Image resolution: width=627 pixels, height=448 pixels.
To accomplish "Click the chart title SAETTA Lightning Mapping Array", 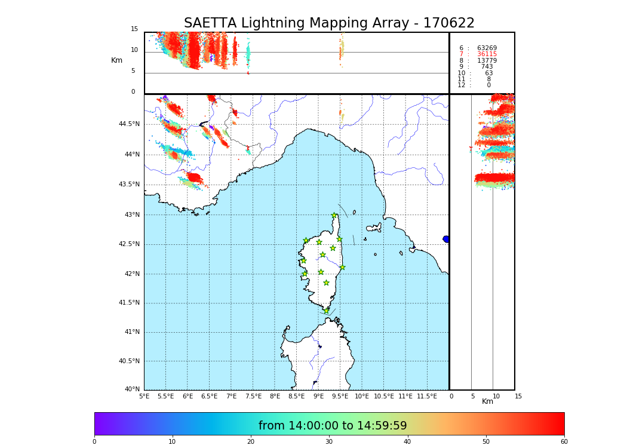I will pos(329,23).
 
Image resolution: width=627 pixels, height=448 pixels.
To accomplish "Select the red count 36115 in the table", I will pos(487,54).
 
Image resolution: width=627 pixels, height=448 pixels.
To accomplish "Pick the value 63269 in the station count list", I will pos(487,48).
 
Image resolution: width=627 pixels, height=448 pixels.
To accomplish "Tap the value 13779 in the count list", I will pos(487,61).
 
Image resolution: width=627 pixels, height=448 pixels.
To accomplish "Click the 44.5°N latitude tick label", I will pos(129,124).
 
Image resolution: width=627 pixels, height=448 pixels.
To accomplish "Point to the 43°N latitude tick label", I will pos(131,215).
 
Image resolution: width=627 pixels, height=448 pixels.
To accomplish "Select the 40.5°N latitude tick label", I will pos(129,361).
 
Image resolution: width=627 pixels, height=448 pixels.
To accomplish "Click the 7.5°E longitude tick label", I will pos(253,396).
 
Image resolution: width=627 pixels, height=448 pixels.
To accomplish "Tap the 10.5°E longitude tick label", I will pos(384,396).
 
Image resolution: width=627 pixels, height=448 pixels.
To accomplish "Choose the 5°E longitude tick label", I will pos(144,396).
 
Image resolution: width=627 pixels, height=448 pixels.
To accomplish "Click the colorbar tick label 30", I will pos(329,442).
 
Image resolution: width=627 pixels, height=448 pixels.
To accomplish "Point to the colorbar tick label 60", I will pos(564,442).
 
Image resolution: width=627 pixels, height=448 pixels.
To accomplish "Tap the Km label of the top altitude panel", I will pos(116,60).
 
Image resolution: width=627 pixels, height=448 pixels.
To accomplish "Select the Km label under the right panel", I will pos(487,401).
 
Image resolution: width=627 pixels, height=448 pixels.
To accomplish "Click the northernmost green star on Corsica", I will pos(334,216).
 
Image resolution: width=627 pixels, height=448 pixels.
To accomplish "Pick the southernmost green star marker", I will pos(326,311).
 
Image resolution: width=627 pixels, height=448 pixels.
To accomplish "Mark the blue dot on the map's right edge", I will pos(446,239).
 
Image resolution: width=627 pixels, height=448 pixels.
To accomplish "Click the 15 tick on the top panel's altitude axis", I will pos(134,29).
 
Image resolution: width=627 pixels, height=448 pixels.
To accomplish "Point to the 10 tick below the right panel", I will pos(496,396).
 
